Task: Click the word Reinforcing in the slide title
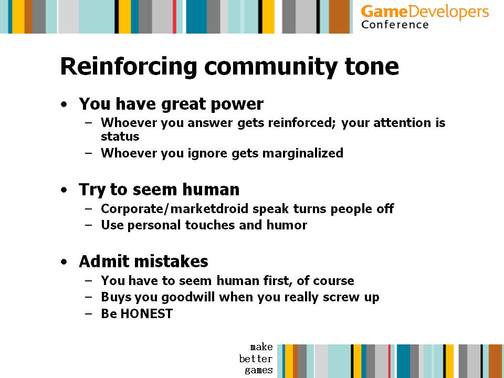(x=129, y=67)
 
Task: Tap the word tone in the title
(x=372, y=67)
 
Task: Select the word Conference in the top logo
(x=395, y=25)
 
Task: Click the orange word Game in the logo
(x=384, y=12)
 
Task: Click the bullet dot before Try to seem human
(x=64, y=190)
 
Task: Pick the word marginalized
(x=303, y=153)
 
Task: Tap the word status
(x=120, y=136)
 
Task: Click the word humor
(x=287, y=225)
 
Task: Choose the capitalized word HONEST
(x=146, y=314)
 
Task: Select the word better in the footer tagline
(x=256, y=359)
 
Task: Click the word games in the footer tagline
(x=258, y=370)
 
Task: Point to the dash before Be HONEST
(x=88, y=314)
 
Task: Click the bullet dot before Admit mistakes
(x=64, y=261)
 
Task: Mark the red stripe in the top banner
(x=174, y=17)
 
